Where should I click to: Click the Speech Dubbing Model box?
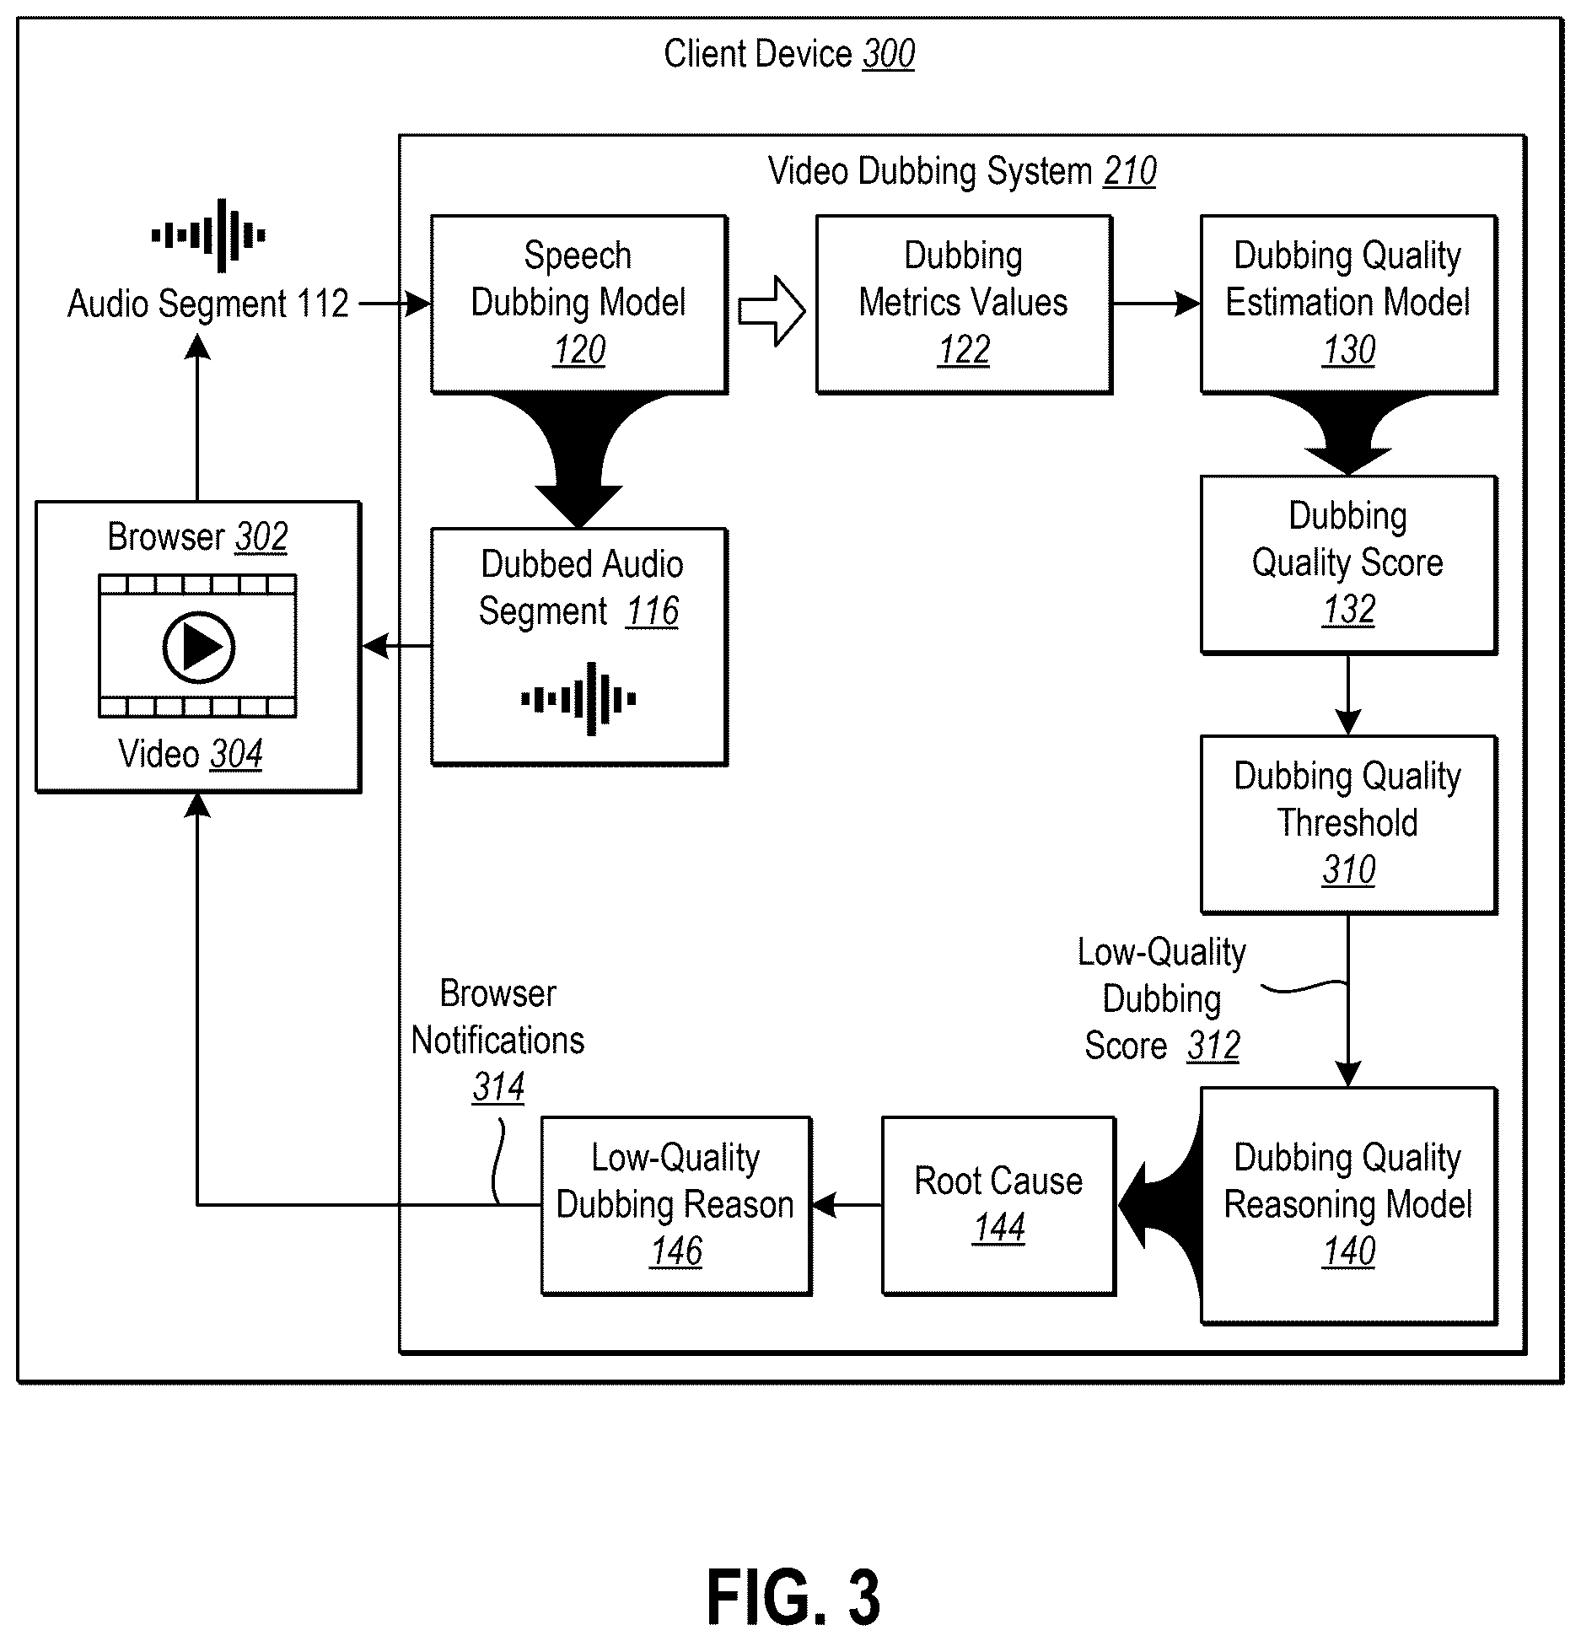tap(579, 304)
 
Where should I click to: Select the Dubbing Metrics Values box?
tap(964, 304)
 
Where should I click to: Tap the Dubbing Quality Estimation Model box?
tap(1348, 304)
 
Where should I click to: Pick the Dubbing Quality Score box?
tap(1348, 564)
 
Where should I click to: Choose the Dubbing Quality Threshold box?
tap(1348, 824)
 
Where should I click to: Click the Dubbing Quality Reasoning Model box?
tap(1348, 1205)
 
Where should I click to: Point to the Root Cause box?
tap(998, 1205)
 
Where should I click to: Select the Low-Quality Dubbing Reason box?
tap(675, 1205)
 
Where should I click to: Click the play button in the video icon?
tap(198, 647)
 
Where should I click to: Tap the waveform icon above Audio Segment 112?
tap(208, 235)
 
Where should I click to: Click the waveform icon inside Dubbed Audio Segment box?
tap(578, 699)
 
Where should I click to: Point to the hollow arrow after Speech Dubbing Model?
tap(772, 310)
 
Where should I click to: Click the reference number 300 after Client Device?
tap(889, 54)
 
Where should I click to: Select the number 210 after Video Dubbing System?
tap(1130, 171)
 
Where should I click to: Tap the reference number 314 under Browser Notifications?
tap(498, 1087)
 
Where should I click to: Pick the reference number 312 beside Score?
tap(1213, 1046)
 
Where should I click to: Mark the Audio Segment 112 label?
tap(208, 304)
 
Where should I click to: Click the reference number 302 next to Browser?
tap(261, 536)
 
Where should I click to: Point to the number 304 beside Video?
tap(236, 754)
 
